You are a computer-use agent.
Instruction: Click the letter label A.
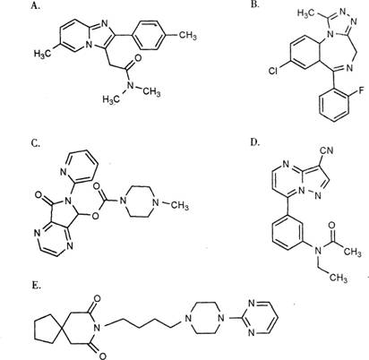click(35, 5)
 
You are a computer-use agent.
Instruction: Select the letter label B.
click(255, 4)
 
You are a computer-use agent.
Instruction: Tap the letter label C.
click(35, 144)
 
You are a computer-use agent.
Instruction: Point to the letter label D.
click(255, 142)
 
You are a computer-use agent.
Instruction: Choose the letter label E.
click(37, 286)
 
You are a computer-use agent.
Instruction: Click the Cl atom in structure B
click(272, 71)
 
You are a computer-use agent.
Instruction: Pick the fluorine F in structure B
click(360, 90)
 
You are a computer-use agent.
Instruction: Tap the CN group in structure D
click(328, 150)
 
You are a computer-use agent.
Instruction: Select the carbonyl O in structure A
click(138, 57)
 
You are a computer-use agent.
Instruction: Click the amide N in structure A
click(130, 85)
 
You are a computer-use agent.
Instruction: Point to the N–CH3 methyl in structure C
click(180, 206)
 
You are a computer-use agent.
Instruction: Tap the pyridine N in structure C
click(63, 172)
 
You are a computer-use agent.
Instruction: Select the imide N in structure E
click(97, 328)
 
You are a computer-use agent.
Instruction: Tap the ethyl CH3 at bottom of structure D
click(339, 278)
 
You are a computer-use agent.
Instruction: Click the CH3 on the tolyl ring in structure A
click(188, 35)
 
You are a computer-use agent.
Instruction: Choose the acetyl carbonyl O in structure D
click(332, 225)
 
